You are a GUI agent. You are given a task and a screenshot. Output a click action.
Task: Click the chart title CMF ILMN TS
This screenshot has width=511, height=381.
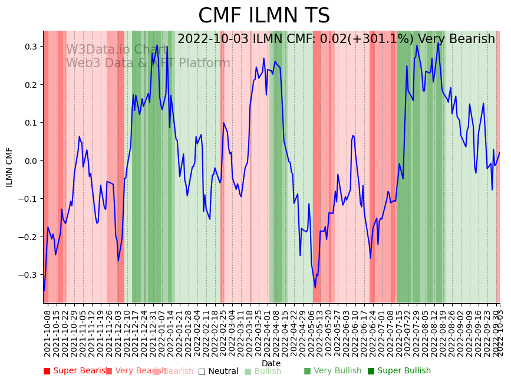point(263,16)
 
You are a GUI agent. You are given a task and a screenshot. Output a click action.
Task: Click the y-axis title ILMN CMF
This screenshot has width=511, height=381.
point(9,167)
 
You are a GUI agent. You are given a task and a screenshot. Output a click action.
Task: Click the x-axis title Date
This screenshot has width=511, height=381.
point(271,363)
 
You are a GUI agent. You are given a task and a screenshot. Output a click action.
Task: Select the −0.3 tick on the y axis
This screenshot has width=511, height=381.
point(28,275)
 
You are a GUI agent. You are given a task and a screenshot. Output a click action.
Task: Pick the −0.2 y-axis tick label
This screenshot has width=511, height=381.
point(28,237)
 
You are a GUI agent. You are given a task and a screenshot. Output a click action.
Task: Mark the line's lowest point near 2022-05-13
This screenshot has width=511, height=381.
point(315,288)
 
